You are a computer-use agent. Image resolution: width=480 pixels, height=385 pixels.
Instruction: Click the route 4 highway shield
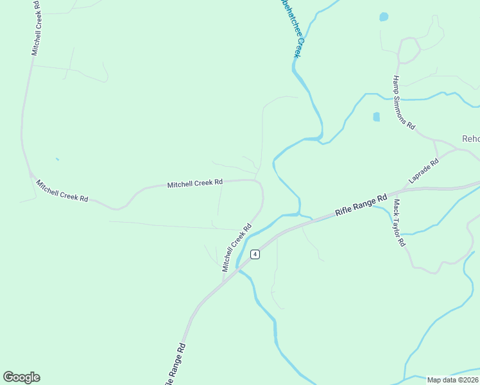pos(255,254)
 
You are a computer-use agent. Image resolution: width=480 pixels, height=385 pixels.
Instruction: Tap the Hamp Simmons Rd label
pos(404,102)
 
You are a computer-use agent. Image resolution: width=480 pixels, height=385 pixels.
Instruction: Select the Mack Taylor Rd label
pos(399,223)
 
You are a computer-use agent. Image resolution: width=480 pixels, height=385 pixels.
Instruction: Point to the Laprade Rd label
pos(424,172)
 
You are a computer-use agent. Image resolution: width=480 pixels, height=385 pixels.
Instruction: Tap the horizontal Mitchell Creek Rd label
pos(195,184)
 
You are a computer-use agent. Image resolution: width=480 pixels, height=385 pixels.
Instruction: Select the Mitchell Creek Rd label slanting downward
pos(62,191)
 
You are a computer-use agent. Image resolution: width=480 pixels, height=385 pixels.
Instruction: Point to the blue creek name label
pos(287,29)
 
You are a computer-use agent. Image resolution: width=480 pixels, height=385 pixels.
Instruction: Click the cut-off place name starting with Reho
pos(471,139)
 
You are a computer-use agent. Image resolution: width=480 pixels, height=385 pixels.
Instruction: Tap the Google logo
pos(21,377)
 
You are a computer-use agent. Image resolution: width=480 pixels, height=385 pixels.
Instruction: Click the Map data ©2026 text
pos(453,380)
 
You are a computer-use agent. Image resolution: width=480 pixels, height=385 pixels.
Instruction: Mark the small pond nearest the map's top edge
pos(384,17)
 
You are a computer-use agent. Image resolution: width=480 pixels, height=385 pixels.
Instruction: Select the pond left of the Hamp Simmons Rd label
pos(376,117)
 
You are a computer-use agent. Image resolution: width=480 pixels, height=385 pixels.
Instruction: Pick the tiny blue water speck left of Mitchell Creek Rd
pos(57,159)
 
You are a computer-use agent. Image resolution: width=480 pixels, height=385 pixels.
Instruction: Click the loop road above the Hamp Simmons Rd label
pos(409,49)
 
